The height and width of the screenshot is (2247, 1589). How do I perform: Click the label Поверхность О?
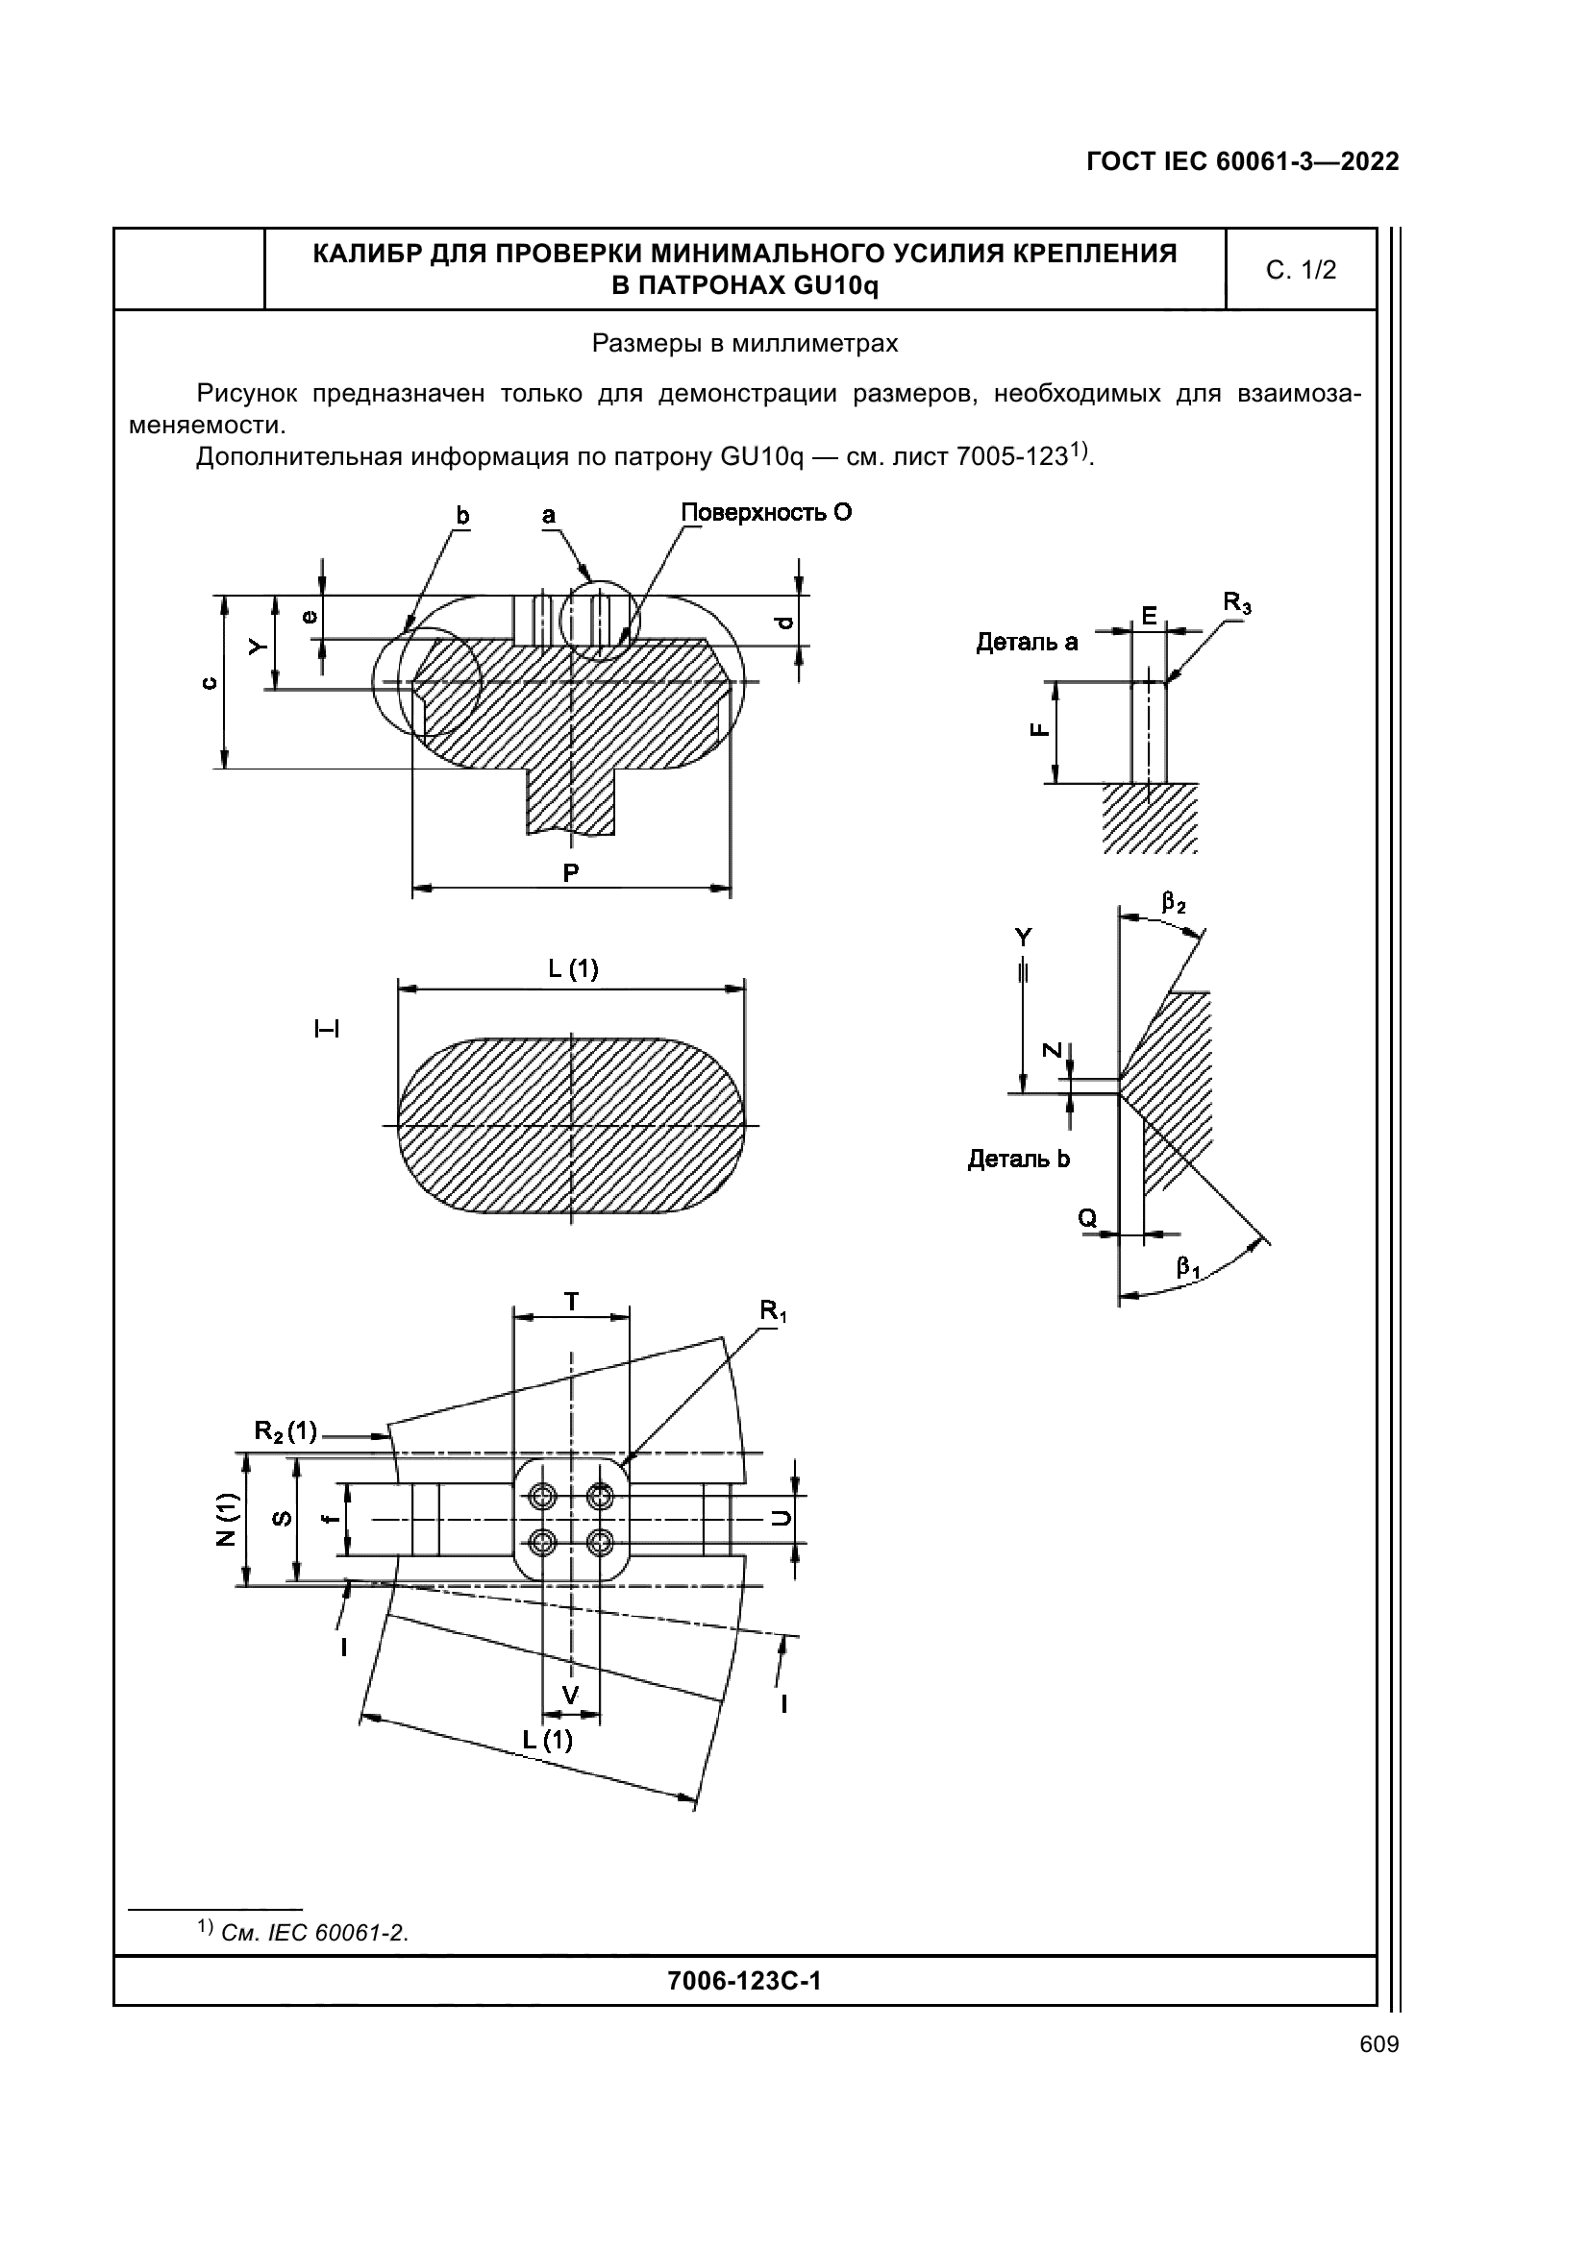pos(765,513)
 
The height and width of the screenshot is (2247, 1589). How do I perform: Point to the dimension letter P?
pos(571,871)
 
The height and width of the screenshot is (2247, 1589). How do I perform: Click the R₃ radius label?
pos(1237,604)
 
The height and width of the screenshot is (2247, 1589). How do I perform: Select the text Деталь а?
pos(1026,642)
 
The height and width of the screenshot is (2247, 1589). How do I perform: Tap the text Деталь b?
pos(1018,1159)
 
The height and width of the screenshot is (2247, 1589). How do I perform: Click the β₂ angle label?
pos(1174,902)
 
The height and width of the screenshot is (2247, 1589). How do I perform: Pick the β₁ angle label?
pos(1188,1267)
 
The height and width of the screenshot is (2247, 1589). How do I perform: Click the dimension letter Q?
pos(1087,1218)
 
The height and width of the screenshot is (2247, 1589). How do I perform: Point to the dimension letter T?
pos(571,1302)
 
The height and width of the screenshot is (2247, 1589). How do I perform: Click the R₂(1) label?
pos(285,1430)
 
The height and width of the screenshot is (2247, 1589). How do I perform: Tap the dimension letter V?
pos(571,1694)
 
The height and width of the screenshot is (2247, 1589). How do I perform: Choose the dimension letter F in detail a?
pos(1040,729)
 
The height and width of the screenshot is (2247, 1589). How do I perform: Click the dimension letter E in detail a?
pos(1149,616)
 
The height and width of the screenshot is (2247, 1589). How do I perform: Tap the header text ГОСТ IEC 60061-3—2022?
pos(1242,161)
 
